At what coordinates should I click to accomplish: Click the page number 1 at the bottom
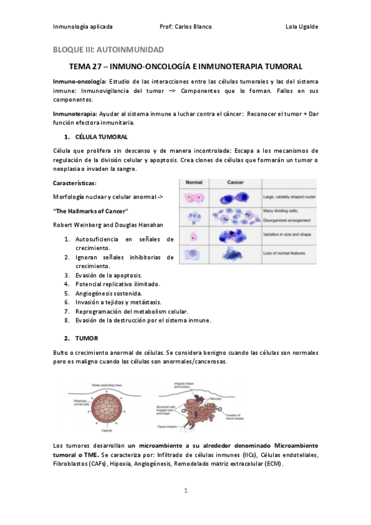[x=185, y=491]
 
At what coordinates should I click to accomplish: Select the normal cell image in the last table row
[x=193, y=254]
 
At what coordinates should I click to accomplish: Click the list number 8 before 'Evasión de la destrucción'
[x=66, y=320]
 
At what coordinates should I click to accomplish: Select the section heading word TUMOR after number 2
[x=87, y=339]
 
